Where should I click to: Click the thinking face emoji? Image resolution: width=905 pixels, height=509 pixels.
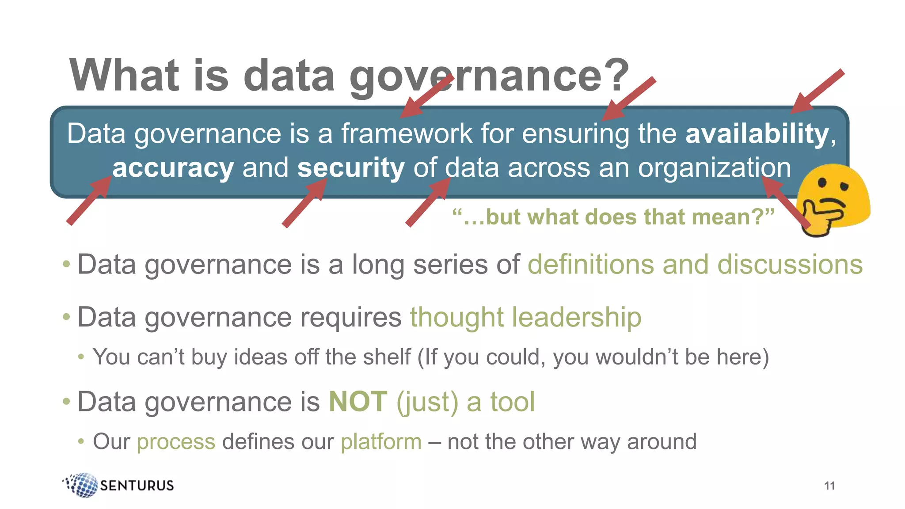833,199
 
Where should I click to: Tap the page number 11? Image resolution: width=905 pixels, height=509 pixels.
829,486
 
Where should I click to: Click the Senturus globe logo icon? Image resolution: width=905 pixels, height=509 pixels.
81,485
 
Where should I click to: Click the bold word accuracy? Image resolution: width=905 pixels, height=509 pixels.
173,168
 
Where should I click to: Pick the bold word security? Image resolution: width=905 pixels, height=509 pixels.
351,168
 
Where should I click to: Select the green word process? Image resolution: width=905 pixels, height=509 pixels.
176,441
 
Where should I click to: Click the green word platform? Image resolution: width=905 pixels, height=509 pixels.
381,441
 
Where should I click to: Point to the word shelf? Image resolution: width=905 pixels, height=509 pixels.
387,357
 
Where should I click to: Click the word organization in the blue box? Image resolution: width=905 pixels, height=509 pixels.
714,168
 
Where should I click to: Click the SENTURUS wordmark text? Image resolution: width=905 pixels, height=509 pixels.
137,486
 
